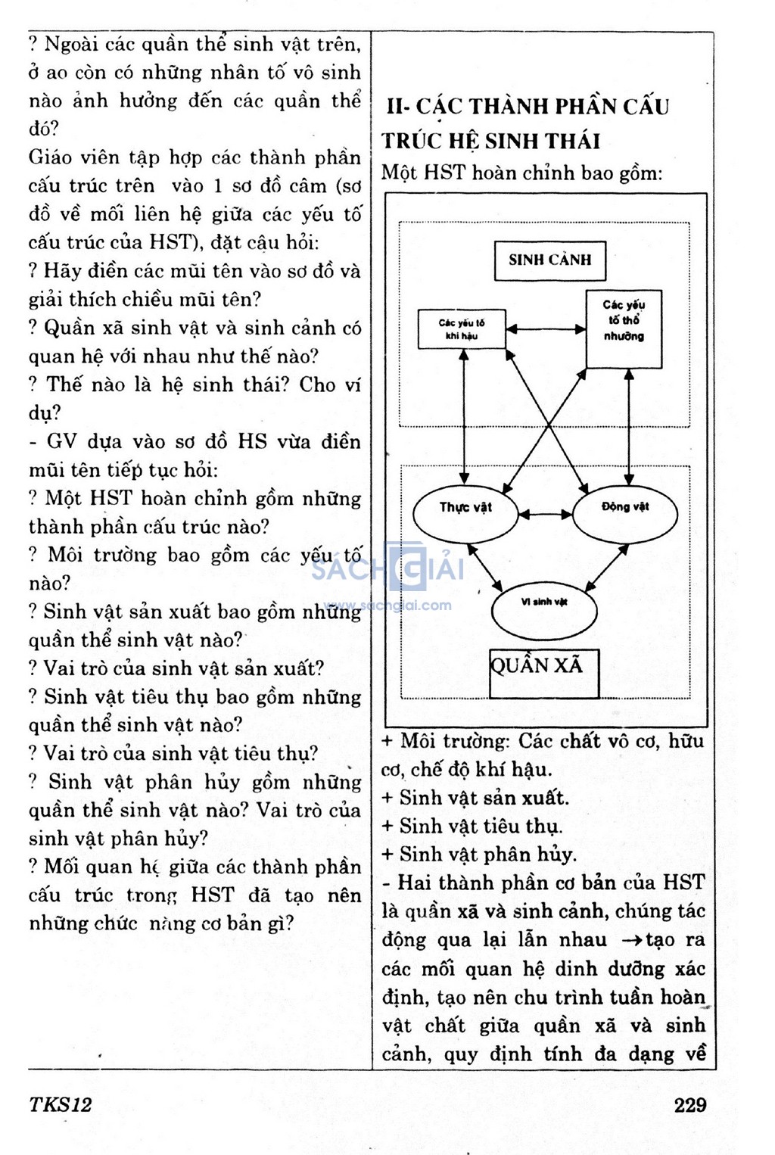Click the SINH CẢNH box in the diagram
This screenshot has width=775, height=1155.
click(549, 260)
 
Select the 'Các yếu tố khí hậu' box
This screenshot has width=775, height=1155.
click(462, 329)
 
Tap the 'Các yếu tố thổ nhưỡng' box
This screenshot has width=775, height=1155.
click(624, 329)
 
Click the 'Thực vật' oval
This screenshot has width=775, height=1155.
click(465, 514)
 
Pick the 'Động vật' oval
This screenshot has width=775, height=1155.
click(625, 514)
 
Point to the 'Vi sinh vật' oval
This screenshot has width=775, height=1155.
click(544, 609)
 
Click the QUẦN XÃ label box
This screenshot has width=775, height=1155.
click(543, 673)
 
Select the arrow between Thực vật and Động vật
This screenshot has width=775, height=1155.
click(545, 515)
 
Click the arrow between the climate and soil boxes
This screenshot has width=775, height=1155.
click(546, 329)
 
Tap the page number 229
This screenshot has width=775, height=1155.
click(689, 1105)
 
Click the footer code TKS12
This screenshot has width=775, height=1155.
click(60, 1105)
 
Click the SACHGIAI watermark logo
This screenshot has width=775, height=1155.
click(387, 567)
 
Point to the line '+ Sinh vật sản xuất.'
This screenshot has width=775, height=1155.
click(475, 798)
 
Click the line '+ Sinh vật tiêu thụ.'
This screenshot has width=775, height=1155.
click(472, 826)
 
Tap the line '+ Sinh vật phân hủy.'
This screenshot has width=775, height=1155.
click(479, 855)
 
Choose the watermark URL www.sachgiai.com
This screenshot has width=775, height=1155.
click(387, 606)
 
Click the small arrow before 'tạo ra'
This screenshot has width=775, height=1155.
click(632, 941)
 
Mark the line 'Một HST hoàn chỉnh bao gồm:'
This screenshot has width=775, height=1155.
click(521, 173)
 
